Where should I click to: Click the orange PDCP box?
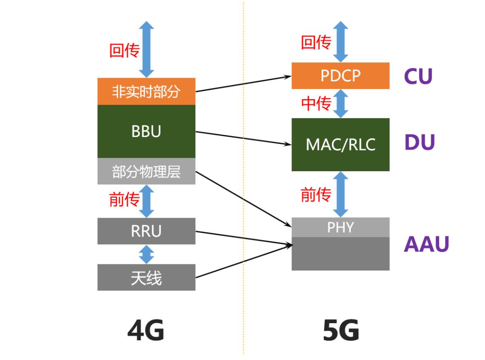pyautogui.click(x=340, y=76)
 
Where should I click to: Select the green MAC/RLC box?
pyautogui.click(x=340, y=144)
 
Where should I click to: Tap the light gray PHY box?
pyautogui.click(x=340, y=227)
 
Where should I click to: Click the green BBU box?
pyautogui.click(x=146, y=131)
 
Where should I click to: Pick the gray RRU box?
pyautogui.click(x=146, y=231)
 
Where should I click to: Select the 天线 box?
pyautogui.click(x=146, y=277)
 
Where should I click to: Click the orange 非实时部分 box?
pyautogui.click(x=146, y=91)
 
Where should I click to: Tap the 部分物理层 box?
pyautogui.click(x=146, y=171)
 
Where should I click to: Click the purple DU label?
pyautogui.click(x=419, y=142)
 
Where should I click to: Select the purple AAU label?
pyautogui.click(x=426, y=244)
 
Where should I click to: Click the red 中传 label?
pyautogui.click(x=316, y=103)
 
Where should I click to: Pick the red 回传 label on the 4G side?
pyautogui.click(x=124, y=50)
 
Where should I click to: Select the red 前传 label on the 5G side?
pyautogui.click(x=316, y=195)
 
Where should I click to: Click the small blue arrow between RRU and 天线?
pyautogui.click(x=146, y=254)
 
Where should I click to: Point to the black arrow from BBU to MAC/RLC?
pyautogui.click(x=242, y=138)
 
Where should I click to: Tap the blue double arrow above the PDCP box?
pyautogui.click(x=341, y=41)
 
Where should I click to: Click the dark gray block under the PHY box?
pyautogui.click(x=340, y=254)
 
